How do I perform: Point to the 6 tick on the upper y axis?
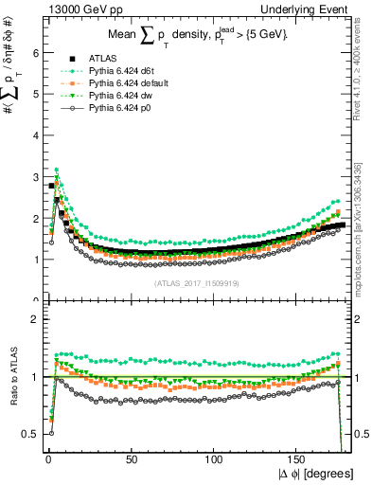[35, 53]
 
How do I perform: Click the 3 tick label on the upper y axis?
[35, 176]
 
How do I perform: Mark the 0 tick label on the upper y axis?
[35, 299]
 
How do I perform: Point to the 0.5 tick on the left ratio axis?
[31, 434]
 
